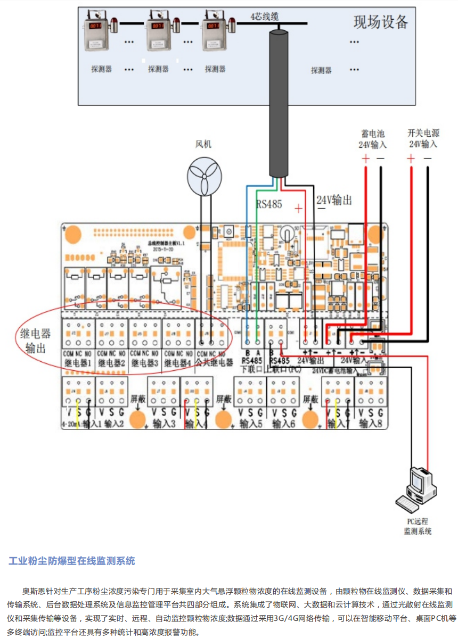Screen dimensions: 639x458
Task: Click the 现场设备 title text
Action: click(x=381, y=22)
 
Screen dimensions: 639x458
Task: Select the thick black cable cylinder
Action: click(x=279, y=101)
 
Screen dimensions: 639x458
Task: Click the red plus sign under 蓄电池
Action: click(x=365, y=159)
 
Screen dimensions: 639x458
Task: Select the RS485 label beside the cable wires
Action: click(x=269, y=205)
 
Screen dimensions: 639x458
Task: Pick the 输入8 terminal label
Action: click(x=371, y=424)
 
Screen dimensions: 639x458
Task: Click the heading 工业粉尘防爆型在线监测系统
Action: click(x=72, y=561)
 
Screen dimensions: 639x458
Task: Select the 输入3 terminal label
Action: click(x=165, y=424)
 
